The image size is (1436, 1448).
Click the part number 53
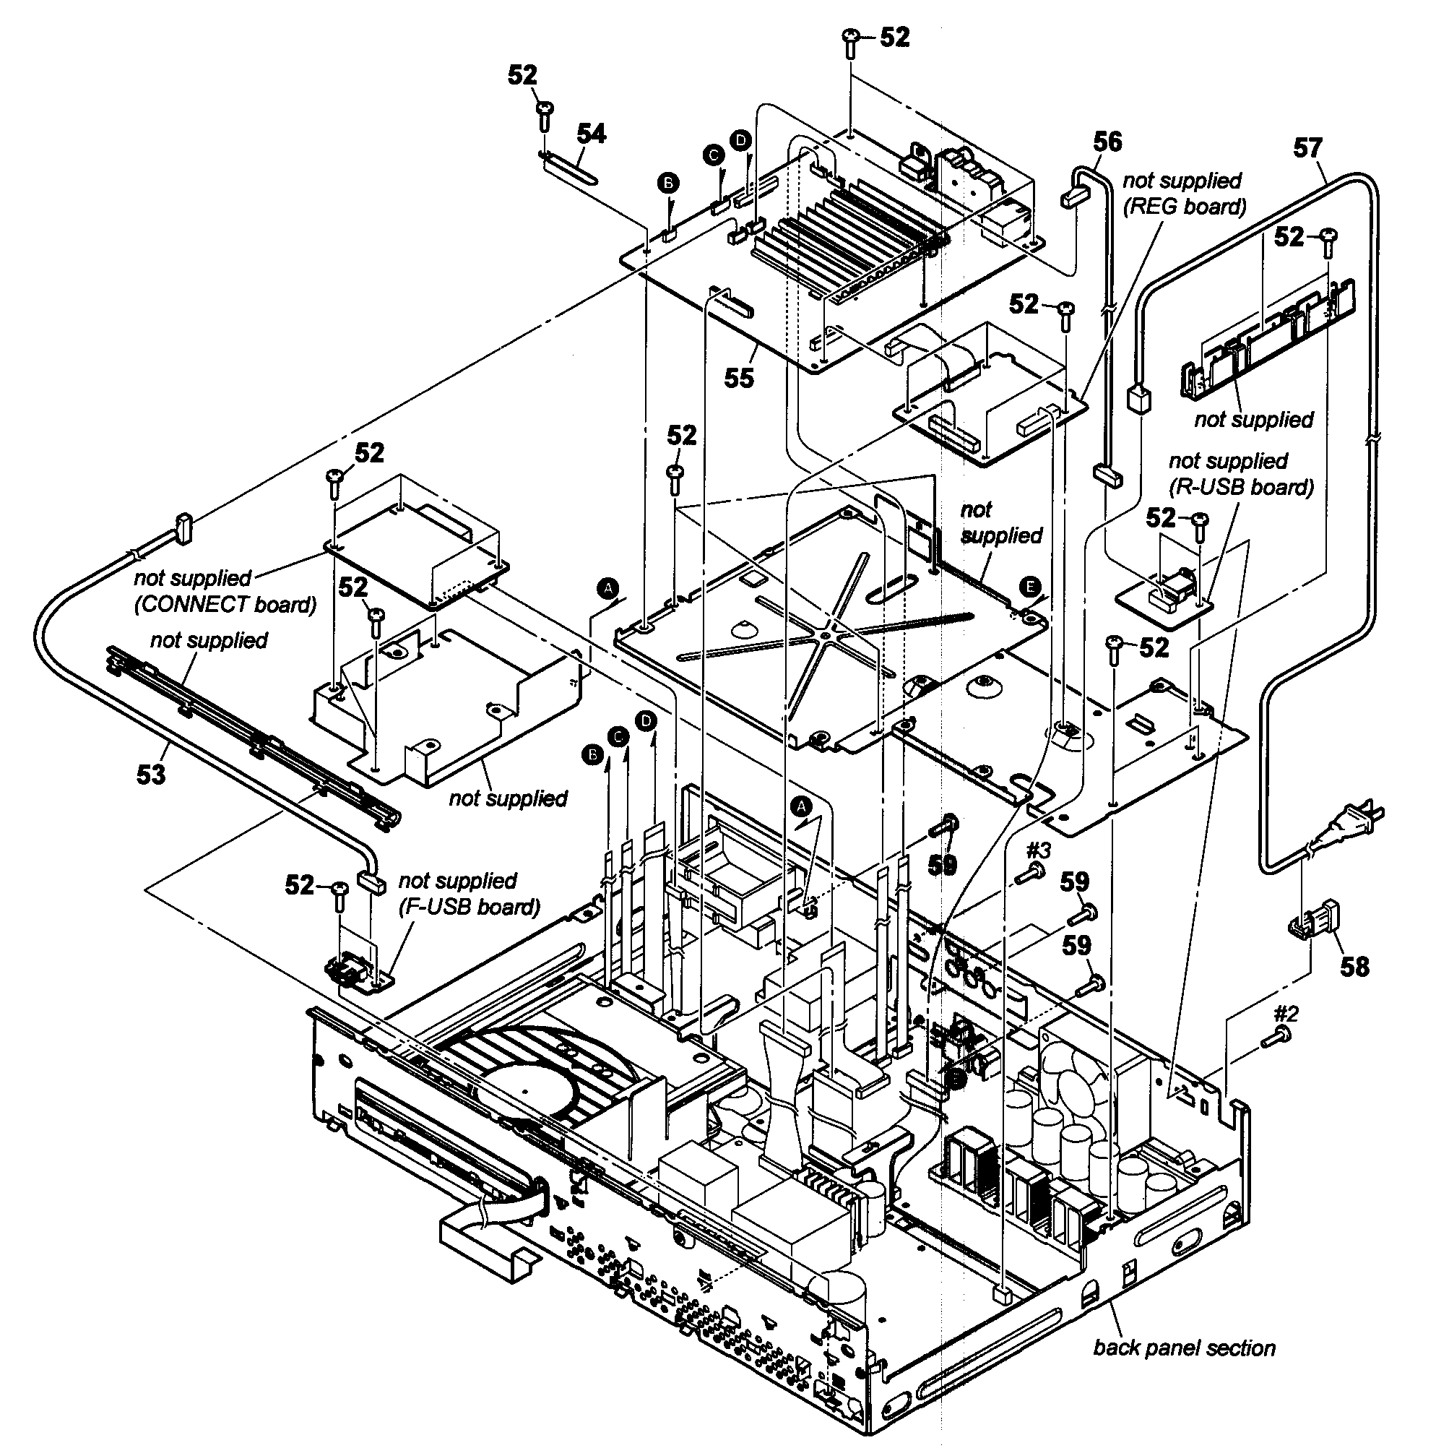coord(150,774)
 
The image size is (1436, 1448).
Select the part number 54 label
coord(591,134)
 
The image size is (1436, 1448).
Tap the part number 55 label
coord(739,378)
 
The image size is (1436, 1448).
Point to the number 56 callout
coord(1108,142)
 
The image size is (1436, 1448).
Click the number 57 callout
coord(1308,147)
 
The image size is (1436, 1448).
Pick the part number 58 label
coord(1354,967)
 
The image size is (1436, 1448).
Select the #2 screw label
coord(1286,1014)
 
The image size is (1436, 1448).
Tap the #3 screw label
coord(1038,850)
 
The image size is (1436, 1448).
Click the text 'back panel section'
coord(1185,1348)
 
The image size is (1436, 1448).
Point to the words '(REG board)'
coord(1185,206)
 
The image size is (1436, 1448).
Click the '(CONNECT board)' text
coord(225,604)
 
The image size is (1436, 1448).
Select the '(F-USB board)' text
coord(469,907)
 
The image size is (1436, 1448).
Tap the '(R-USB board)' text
coord(1241,487)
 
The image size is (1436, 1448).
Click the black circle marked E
coord(1031,586)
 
